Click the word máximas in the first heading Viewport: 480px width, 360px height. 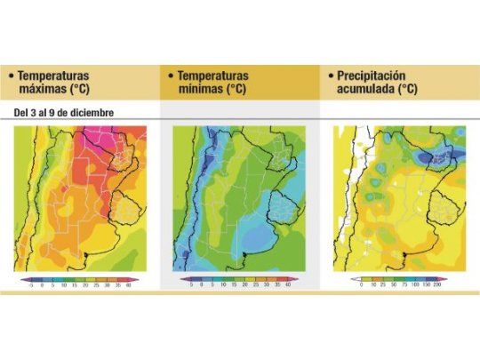(x=42, y=90)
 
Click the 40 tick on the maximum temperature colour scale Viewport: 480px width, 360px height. (x=128, y=285)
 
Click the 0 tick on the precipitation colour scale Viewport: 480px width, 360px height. (x=360, y=285)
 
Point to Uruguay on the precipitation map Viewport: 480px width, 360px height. (x=442, y=206)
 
